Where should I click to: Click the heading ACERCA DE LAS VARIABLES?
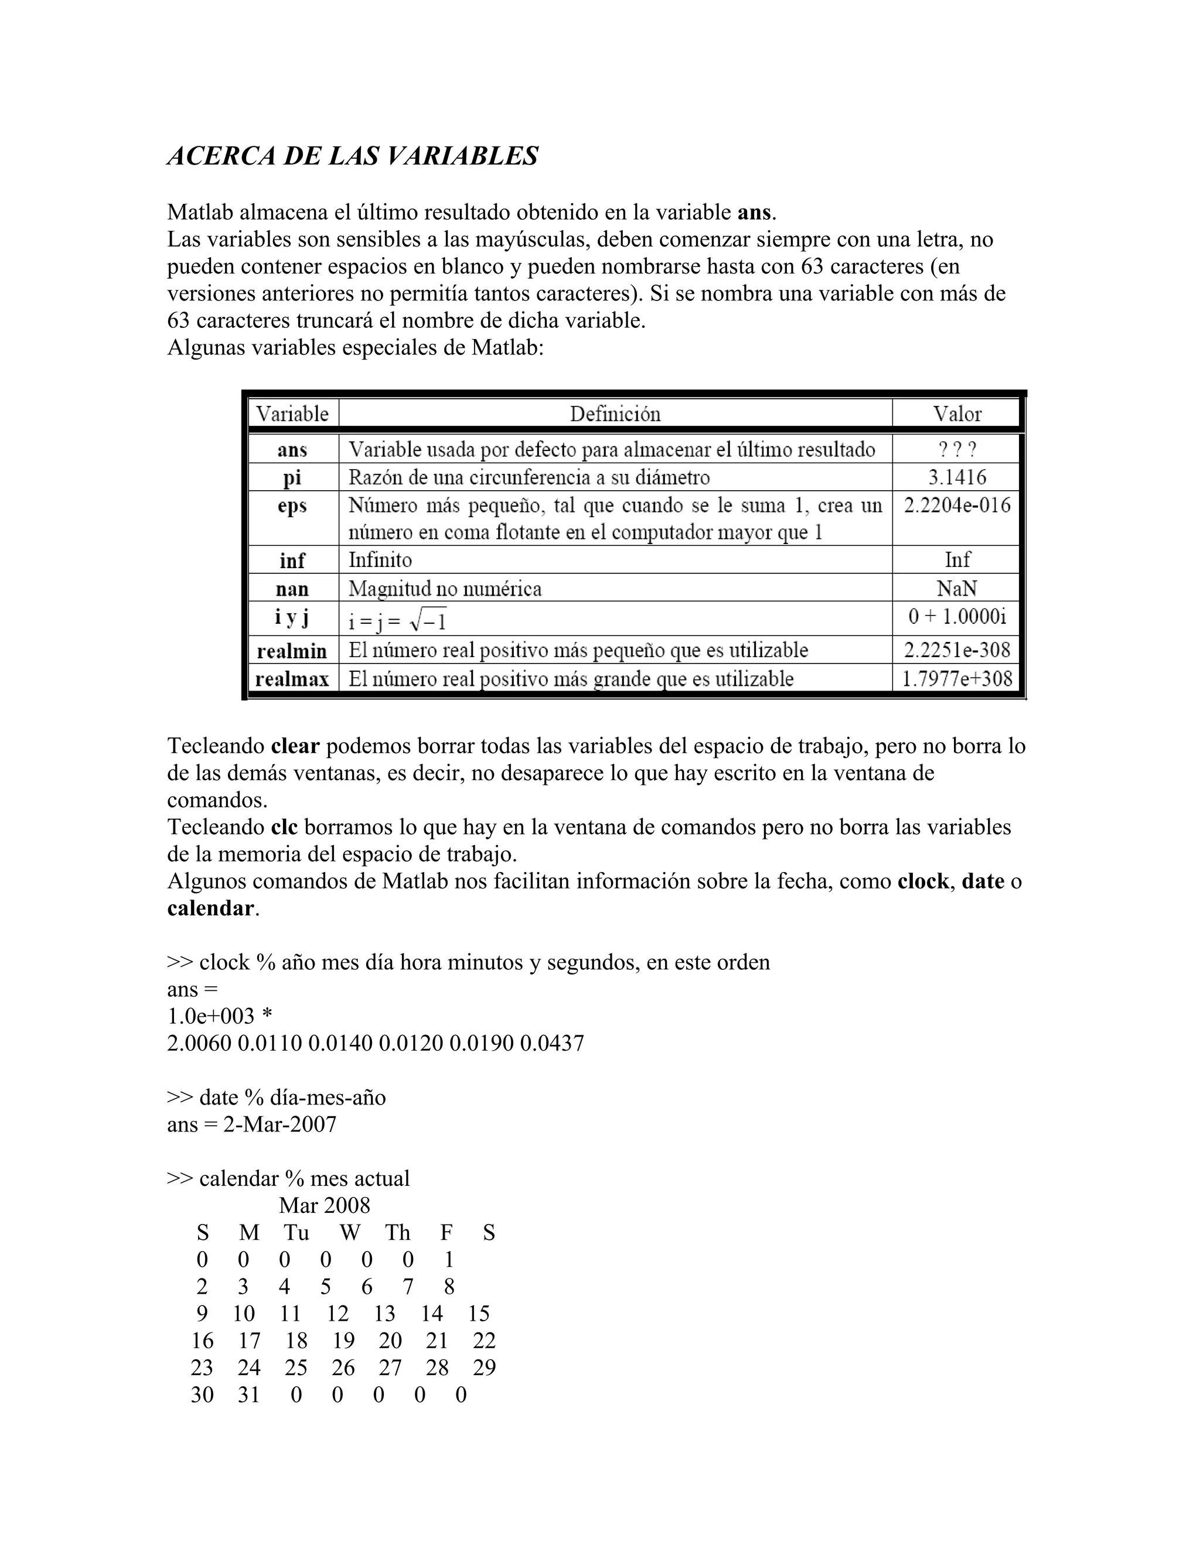tap(353, 156)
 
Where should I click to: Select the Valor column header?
tap(957, 414)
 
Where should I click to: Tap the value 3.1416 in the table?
tap(957, 477)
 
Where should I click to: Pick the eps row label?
tap(292, 506)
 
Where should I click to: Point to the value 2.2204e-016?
tap(957, 505)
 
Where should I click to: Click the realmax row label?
tap(292, 679)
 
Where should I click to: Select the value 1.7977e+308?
tap(957, 679)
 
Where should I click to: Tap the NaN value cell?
tap(957, 589)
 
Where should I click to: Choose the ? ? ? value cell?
tap(957, 449)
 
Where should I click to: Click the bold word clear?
tap(295, 746)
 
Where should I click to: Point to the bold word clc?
tap(284, 827)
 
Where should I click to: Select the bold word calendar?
tap(210, 908)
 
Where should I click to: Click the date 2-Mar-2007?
tap(279, 1124)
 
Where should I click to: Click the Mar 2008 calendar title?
tap(325, 1205)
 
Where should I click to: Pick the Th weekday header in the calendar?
tap(397, 1232)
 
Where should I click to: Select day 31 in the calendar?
tap(249, 1394)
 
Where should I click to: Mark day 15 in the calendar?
tap(479, 1313)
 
